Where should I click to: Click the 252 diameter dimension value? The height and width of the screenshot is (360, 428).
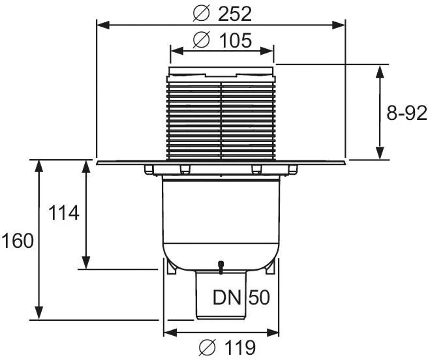[235, 14]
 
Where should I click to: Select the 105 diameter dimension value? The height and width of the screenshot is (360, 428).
[236, 40]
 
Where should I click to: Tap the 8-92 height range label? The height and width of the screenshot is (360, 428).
[406, 113]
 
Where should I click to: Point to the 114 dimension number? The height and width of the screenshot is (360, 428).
[64, 213]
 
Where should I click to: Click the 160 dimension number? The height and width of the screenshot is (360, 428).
[18, 241]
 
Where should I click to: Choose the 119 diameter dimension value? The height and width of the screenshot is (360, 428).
[240, 348]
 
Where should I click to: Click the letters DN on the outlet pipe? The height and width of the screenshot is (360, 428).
[227, 297]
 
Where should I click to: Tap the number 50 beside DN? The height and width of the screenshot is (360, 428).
[259, 297]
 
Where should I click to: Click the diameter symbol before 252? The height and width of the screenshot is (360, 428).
[202, 14]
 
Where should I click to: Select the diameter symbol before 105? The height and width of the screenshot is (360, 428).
[202, 40]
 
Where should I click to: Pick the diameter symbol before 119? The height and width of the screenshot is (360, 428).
[207, 347]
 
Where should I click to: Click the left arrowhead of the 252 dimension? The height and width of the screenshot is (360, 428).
[103, 25]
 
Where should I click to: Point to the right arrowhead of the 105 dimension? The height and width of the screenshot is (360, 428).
[267, 51]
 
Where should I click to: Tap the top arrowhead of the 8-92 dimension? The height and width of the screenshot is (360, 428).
[380, 71]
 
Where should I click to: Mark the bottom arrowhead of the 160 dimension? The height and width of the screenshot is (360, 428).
[39, 313]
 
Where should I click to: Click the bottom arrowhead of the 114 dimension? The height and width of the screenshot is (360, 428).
[86, 263]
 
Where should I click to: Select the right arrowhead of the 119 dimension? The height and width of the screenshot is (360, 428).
[273, 333]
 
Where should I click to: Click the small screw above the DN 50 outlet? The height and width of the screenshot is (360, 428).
[221, 267]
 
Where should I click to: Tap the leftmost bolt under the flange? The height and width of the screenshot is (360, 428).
[149, 169]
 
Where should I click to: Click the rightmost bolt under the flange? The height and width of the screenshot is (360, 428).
[293, 169]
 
